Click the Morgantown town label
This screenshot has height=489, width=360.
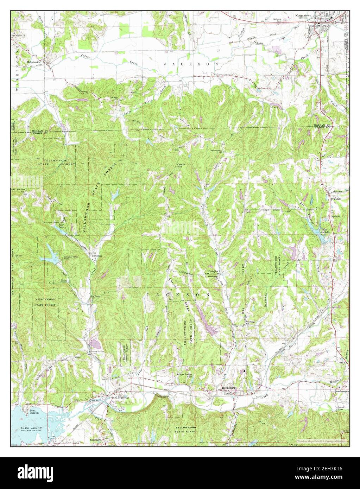pos(305,16)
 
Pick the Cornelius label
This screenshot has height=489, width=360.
pos(213,272)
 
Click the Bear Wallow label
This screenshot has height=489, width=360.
pos(19,189)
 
